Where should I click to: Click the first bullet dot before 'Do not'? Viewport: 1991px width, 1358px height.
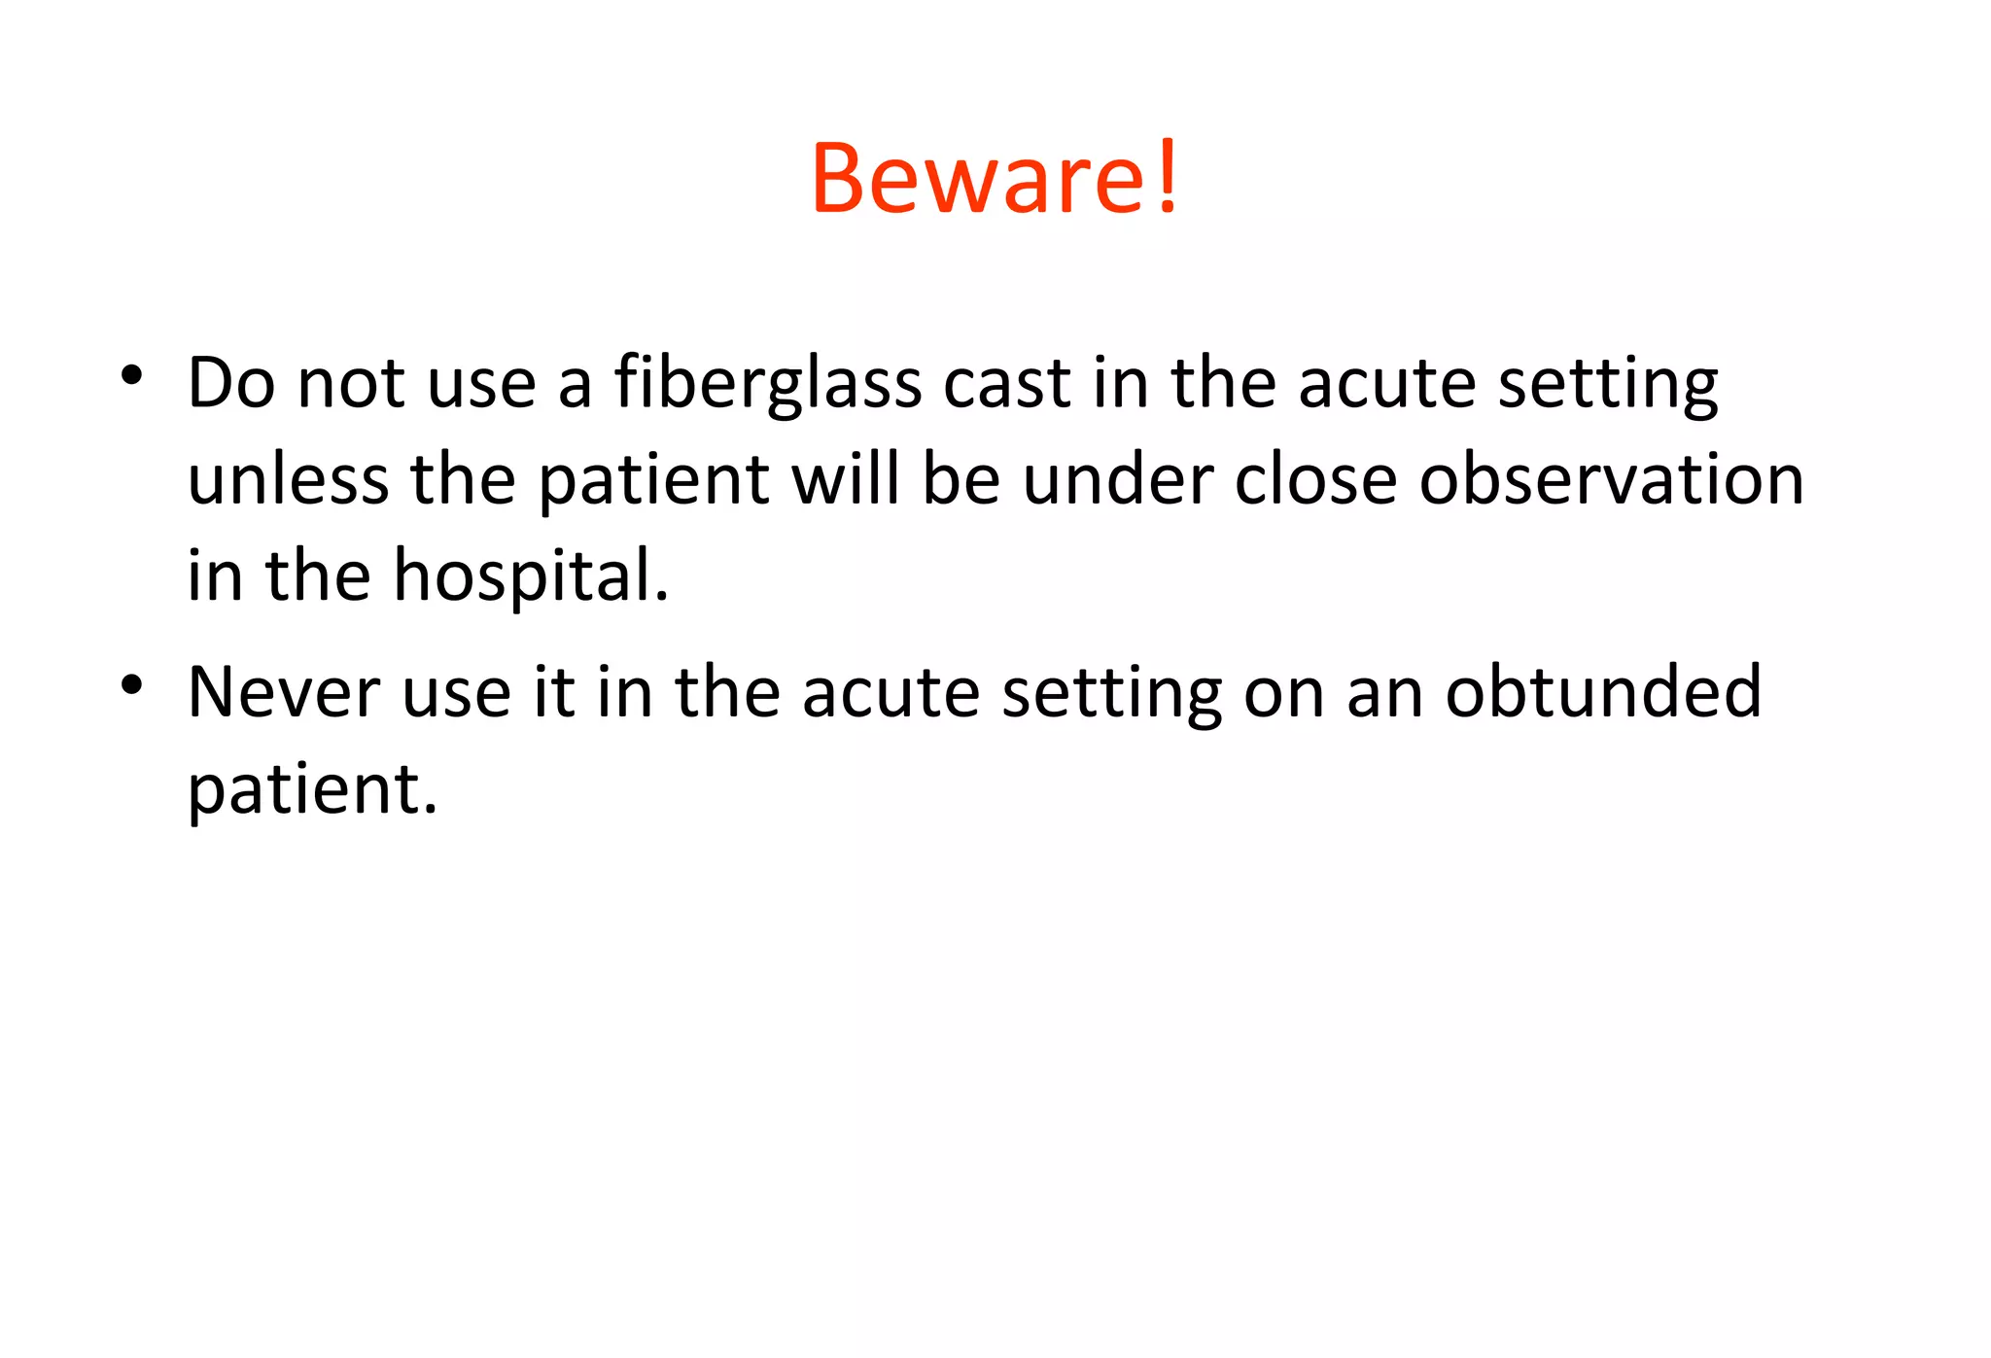(132, 374)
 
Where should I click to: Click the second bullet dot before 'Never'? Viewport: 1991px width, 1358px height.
(132, 684)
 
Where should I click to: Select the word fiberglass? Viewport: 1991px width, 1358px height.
(768, 384)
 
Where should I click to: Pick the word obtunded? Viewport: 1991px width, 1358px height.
(1603, 692)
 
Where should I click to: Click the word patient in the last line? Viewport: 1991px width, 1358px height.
(311, 789)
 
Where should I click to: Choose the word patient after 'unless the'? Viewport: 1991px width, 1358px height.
(654, 482)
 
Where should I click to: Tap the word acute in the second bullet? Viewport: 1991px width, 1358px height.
(891, 692)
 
